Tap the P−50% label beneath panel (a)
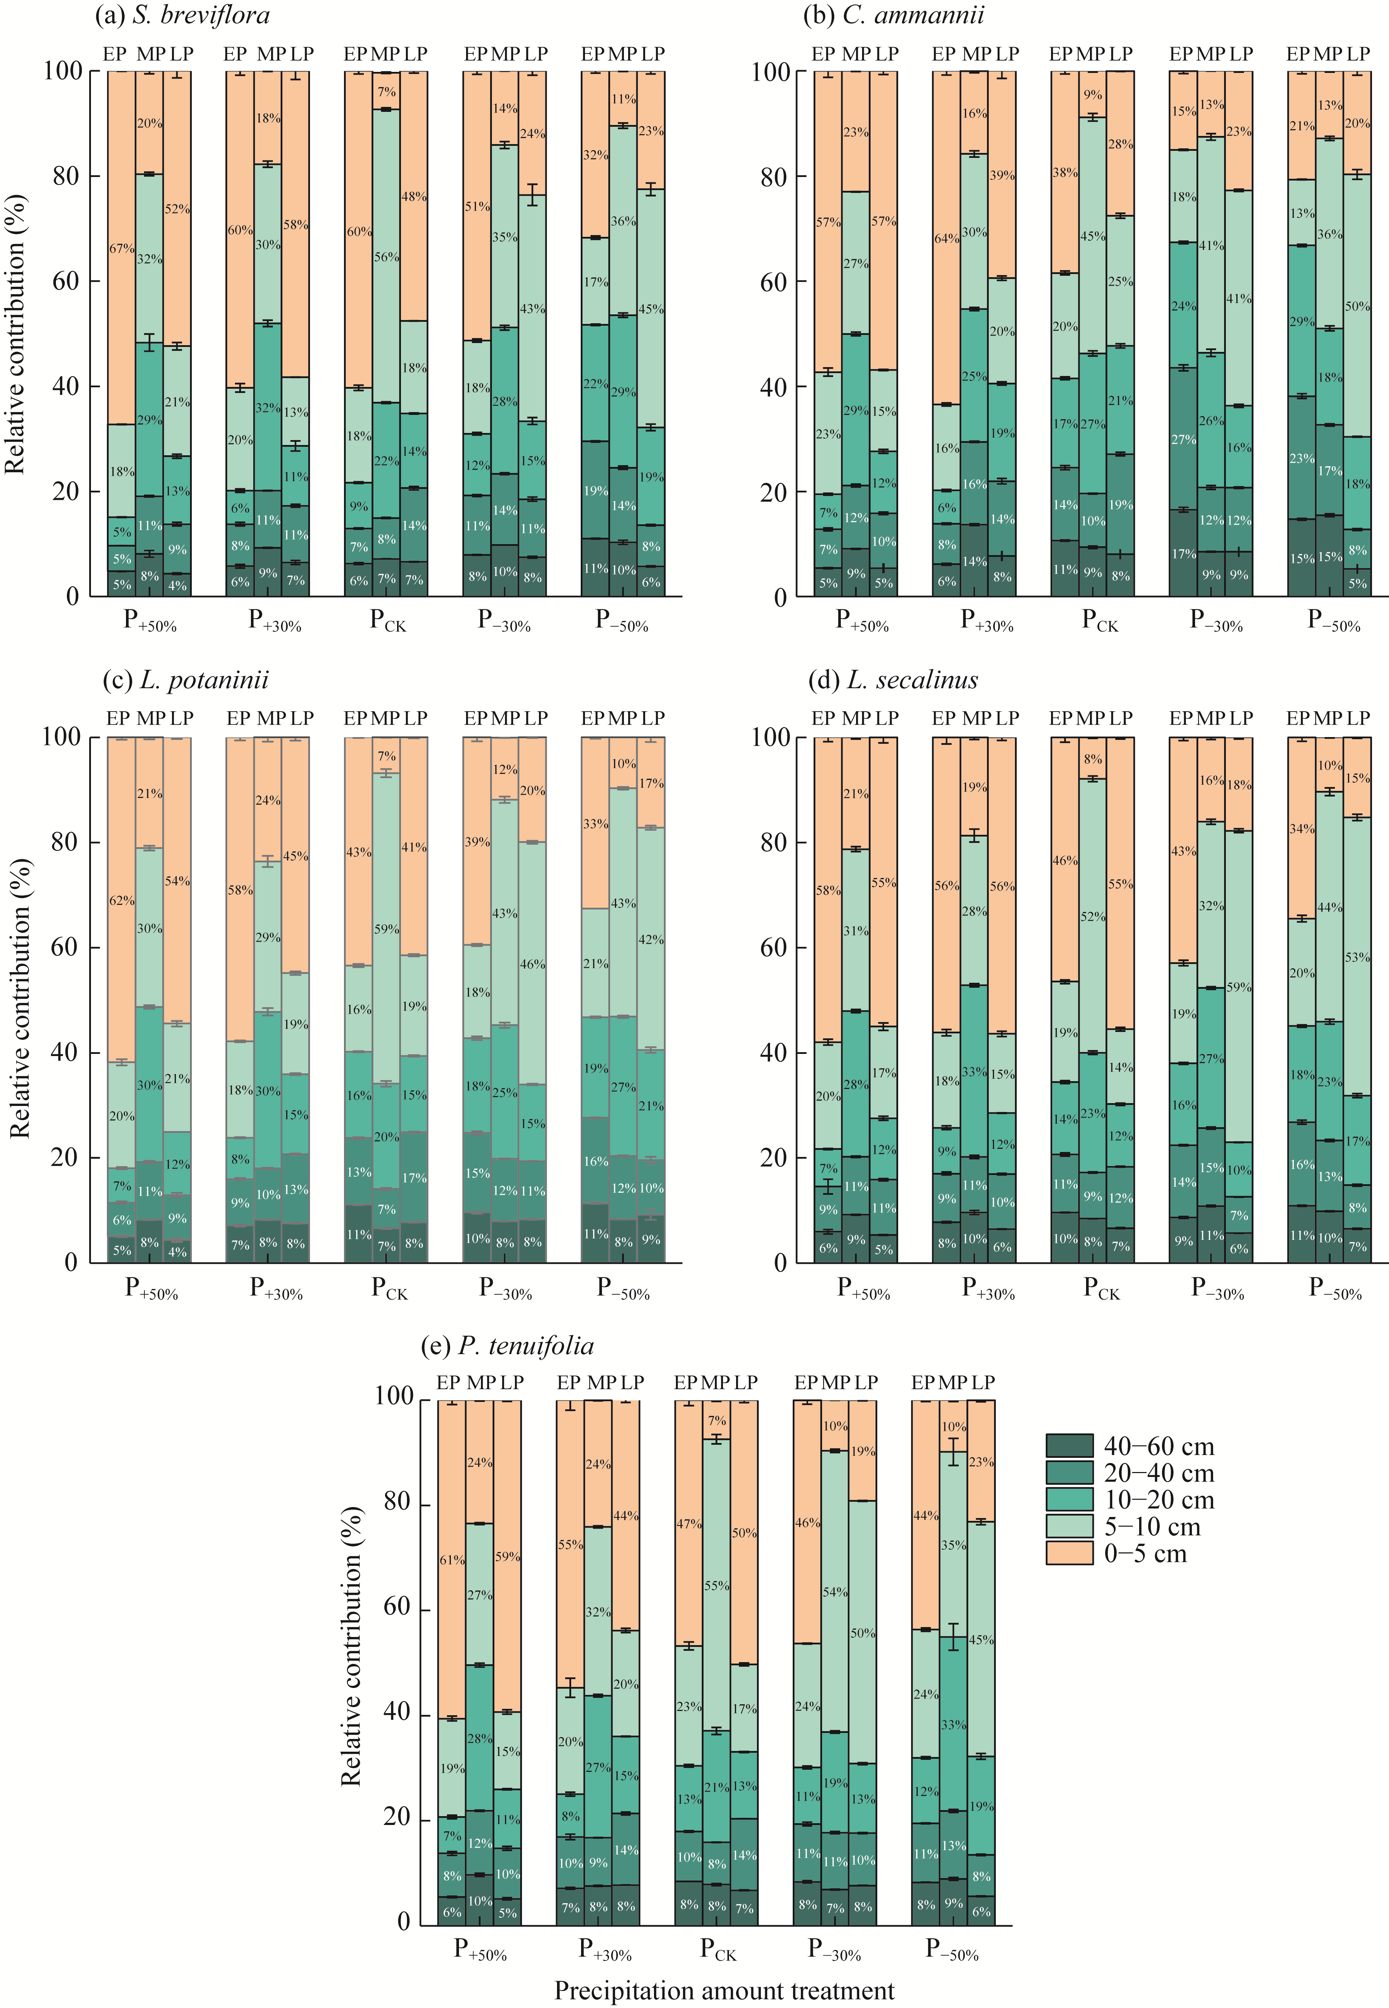coord(621,621)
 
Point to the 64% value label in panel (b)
coord(946,238)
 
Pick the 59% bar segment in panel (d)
coord(1239,987)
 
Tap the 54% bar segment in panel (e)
coord(834,1592)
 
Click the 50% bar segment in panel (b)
coord(1357,306)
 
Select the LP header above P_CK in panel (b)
coord(1120,54)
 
